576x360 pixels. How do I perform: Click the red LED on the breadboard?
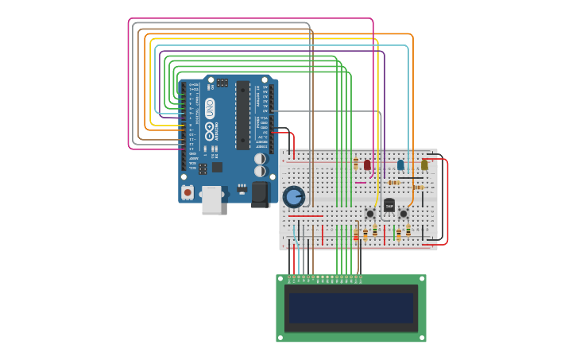click(367, 165)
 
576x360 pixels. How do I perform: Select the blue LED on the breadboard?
click(400, 165)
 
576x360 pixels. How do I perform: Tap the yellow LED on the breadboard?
click(424, 165)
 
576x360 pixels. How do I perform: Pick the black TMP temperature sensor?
click(389, 205)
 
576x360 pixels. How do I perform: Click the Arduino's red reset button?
click(187, 192)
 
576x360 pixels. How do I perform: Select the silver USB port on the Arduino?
click(211, 200)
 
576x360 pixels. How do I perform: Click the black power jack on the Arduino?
click(261, 194)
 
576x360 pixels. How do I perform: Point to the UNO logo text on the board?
click(210, 108)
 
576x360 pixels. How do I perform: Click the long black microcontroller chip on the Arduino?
click(243, 115)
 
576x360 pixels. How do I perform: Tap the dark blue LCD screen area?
click(350, 308)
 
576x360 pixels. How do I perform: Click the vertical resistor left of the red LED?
click(356, 163)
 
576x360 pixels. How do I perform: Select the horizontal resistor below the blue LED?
click(393, 183)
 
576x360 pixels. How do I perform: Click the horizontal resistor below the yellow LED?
click(418, 188)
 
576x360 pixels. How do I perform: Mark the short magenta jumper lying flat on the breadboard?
click(361, 183)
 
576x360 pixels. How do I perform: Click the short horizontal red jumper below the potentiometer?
click(305, 216)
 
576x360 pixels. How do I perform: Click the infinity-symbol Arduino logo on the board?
click(210, 131)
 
